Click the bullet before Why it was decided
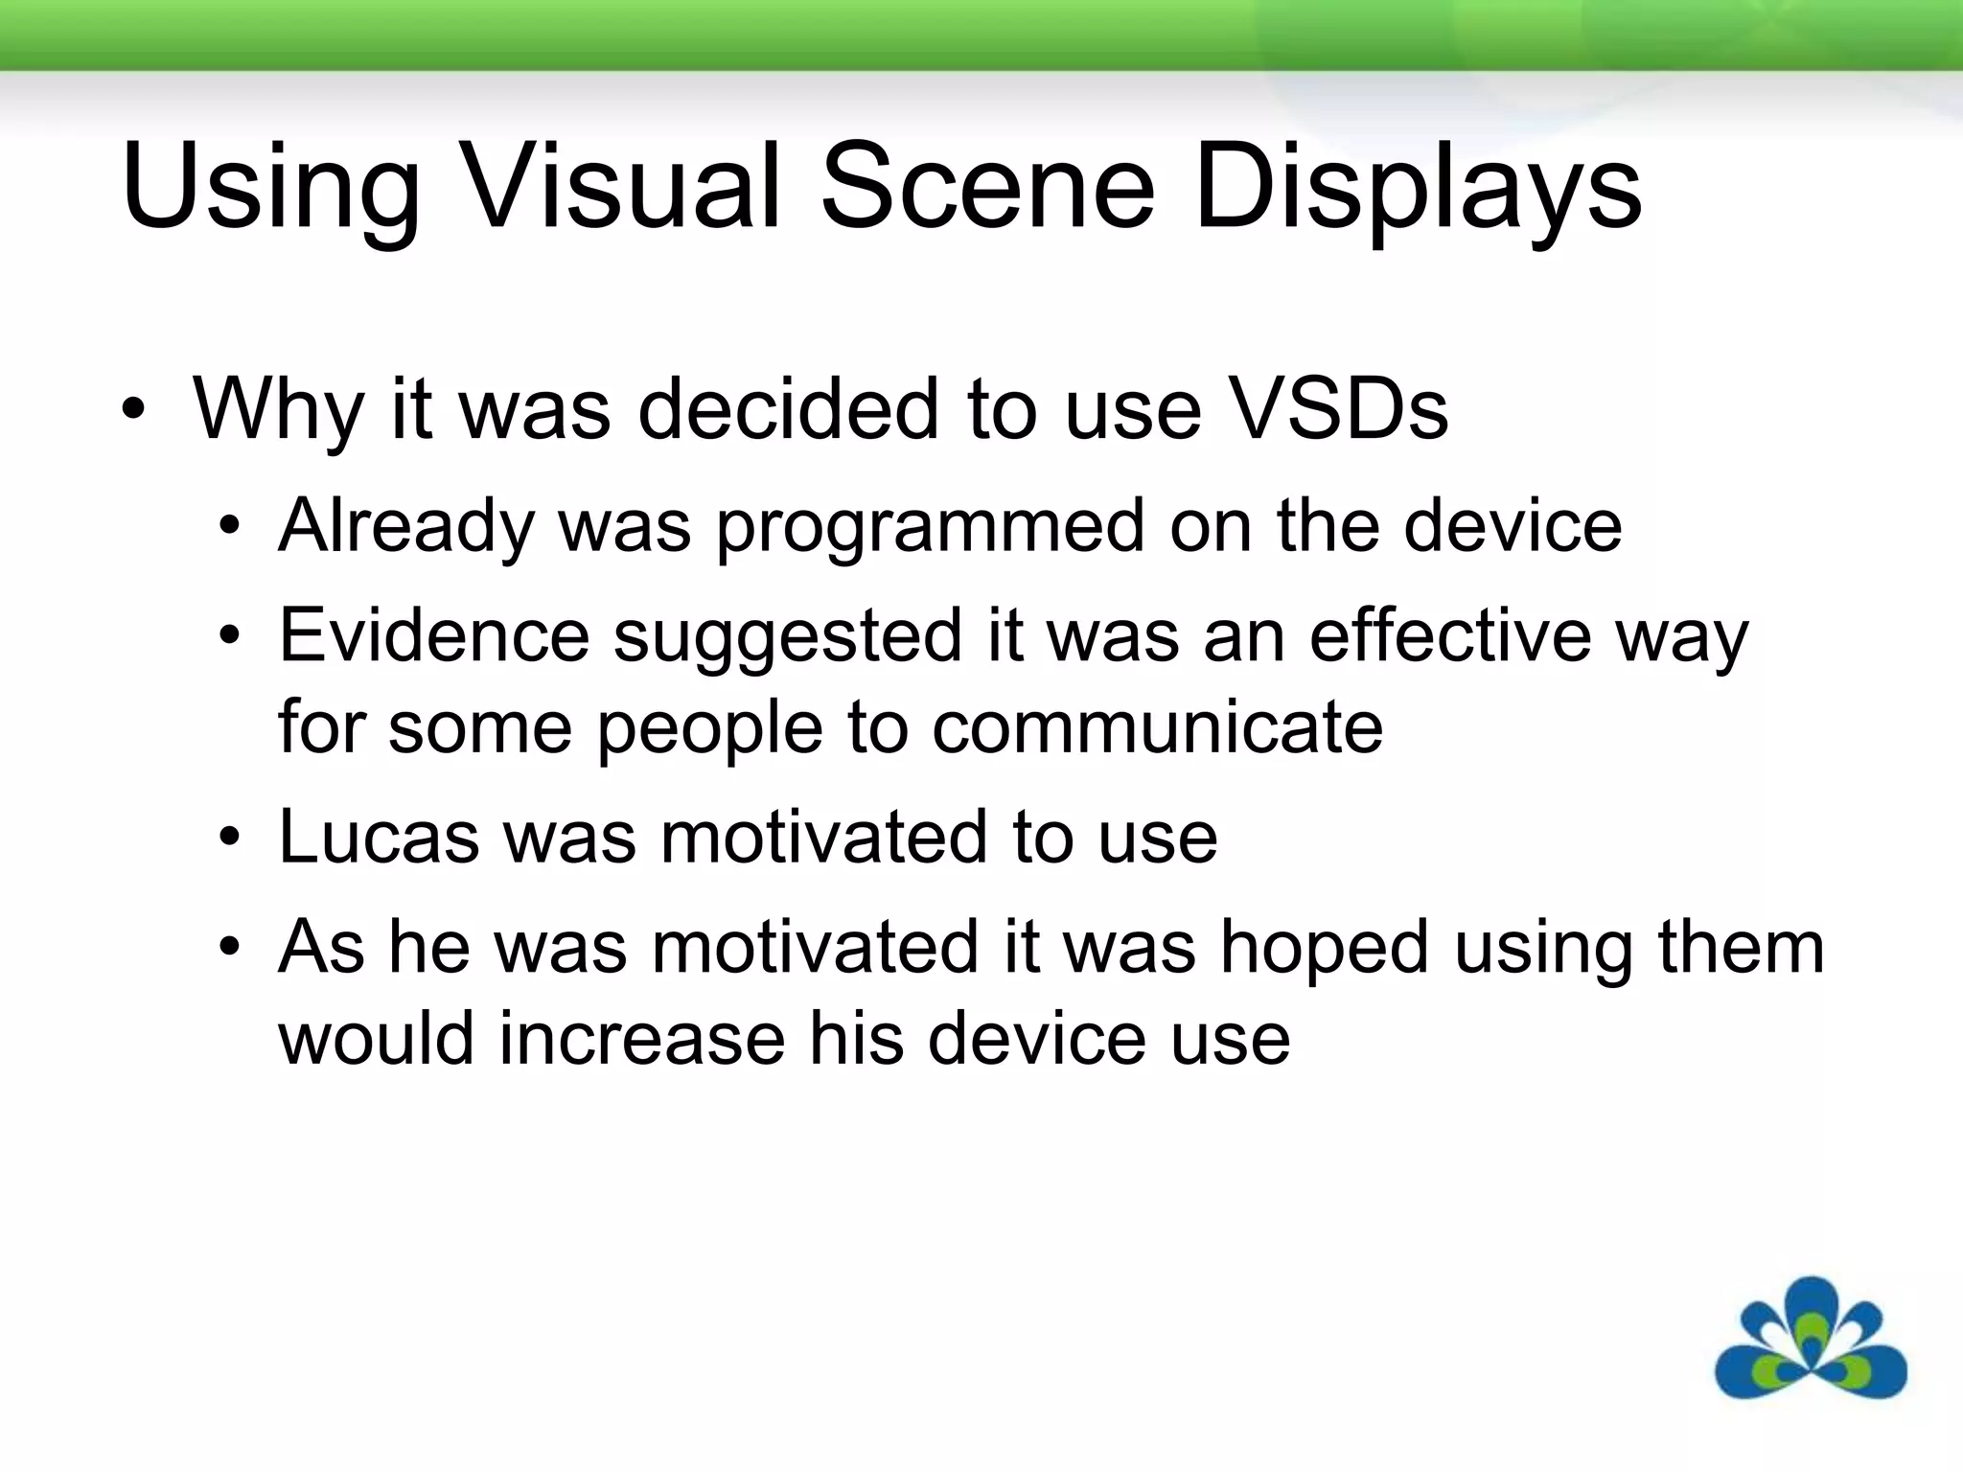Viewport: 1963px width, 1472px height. coord(134,412)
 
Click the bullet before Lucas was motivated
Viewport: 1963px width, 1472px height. coord(228,839)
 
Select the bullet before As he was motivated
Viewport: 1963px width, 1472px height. coord(228,948)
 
